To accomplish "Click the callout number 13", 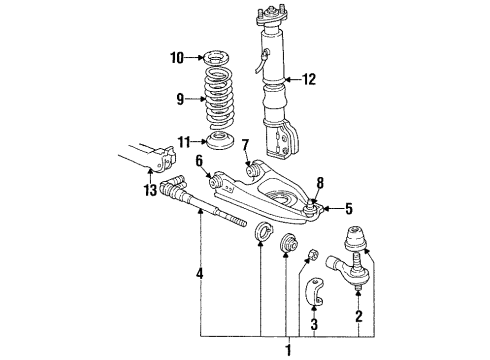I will tap(151, 191).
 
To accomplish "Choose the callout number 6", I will tap(199, 159).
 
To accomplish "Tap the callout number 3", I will tap(312, 324).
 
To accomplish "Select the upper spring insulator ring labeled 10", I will tap(215, 57).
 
